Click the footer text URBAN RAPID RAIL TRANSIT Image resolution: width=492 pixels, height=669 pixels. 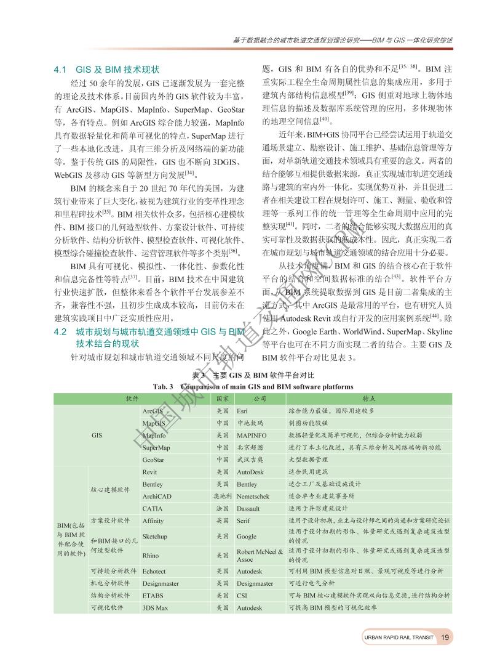398,637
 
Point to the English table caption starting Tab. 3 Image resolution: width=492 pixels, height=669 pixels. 253,386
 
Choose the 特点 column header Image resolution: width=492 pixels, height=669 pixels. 369,398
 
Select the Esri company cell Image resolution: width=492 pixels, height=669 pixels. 243,410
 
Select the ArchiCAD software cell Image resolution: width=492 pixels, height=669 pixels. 156,496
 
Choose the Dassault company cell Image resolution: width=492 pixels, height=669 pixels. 248,508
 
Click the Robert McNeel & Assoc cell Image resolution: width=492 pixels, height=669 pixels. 260,556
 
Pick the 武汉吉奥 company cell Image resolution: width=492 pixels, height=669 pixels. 250,460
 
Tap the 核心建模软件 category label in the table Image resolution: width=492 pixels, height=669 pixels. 110,490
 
